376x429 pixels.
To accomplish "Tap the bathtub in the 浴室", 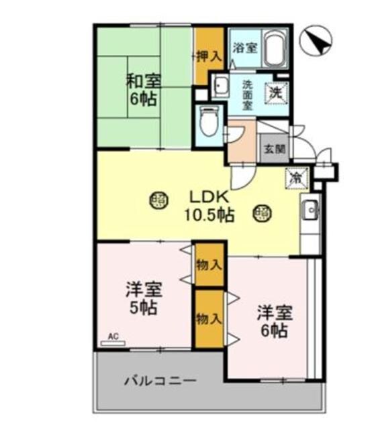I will click(275, 48).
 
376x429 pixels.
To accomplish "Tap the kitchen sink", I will click(310, 212).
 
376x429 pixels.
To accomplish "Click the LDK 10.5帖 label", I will click(209, 206).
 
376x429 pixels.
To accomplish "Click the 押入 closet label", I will click(209, 57).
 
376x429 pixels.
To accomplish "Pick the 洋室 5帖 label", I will click(143, 300).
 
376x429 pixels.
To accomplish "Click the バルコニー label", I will click(160, 381).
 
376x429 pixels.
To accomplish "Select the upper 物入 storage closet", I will click(209, 265).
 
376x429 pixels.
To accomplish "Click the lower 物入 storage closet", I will click(209, 319).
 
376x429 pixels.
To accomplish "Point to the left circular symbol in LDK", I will click(158, 199).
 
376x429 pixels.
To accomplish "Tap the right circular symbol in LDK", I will click(262, 214).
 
